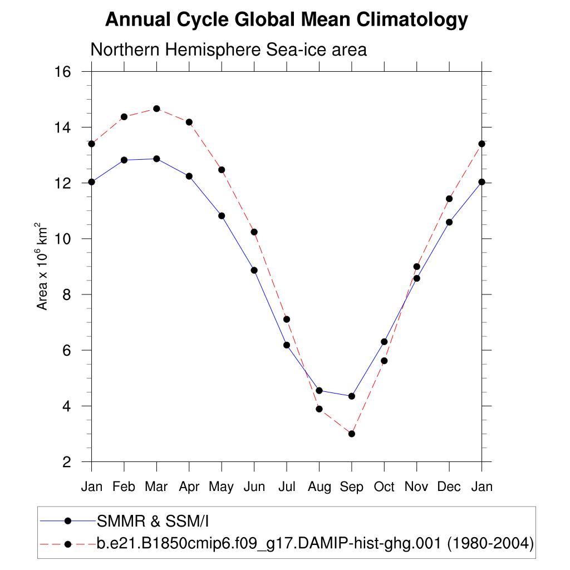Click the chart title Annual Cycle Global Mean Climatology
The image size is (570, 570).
286,20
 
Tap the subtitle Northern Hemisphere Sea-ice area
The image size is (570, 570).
228,50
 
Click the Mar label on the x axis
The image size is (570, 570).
156,487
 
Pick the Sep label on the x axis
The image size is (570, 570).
352,487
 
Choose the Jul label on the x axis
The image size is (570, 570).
287,487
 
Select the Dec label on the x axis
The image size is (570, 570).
449,487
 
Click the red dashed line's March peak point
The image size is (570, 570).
156,109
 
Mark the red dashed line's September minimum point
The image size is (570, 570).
352,434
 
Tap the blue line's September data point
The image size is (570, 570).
352,396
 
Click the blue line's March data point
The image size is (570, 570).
156,159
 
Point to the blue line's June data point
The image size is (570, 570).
254,270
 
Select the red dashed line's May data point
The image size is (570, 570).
222,169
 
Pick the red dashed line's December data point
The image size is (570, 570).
449,199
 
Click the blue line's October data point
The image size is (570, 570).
384,342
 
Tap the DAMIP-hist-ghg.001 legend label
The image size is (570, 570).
315,543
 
